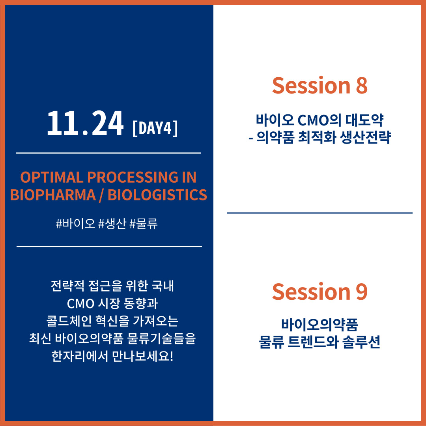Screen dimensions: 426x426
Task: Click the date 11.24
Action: click(x=85, y=123)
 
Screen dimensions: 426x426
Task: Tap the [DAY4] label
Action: click(x=155, y=128)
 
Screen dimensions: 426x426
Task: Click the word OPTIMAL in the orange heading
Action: click(x=52, y=177)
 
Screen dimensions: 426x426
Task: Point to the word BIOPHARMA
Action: click(x=53, y=195)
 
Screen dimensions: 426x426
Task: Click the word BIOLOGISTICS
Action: click(x=157, y=195)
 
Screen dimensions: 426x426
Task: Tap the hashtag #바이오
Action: click(x=75, y=224)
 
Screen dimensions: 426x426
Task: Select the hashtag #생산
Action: click(x=112, y=224)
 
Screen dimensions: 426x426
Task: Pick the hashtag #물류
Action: click(x=144, y=224)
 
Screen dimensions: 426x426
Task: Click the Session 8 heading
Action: click(x=320, y=85)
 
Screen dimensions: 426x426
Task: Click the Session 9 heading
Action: click(x=320, y=291)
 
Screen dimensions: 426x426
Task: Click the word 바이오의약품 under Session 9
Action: click(x=320, y=324)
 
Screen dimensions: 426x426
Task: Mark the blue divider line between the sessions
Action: click(x=320, y=213)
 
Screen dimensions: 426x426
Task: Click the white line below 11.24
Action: click(x=108, y=153)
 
